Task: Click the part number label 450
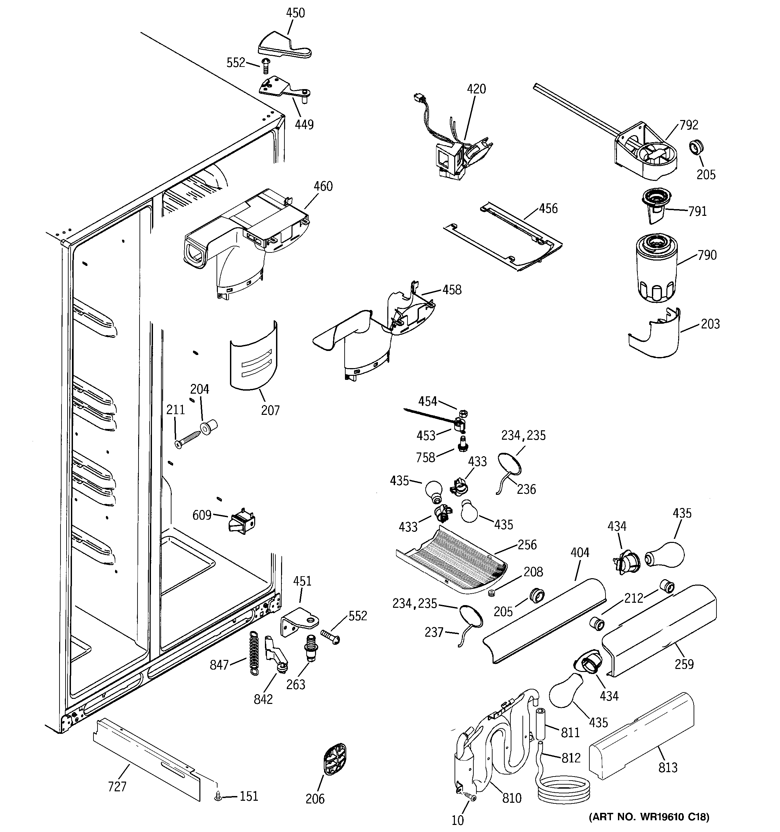pos(295,13)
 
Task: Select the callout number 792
pos(689,125)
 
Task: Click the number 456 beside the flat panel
pos(548,208)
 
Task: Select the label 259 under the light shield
pos(684,664)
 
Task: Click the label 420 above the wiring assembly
pos(476,89)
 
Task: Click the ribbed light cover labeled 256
pos(452,562)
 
